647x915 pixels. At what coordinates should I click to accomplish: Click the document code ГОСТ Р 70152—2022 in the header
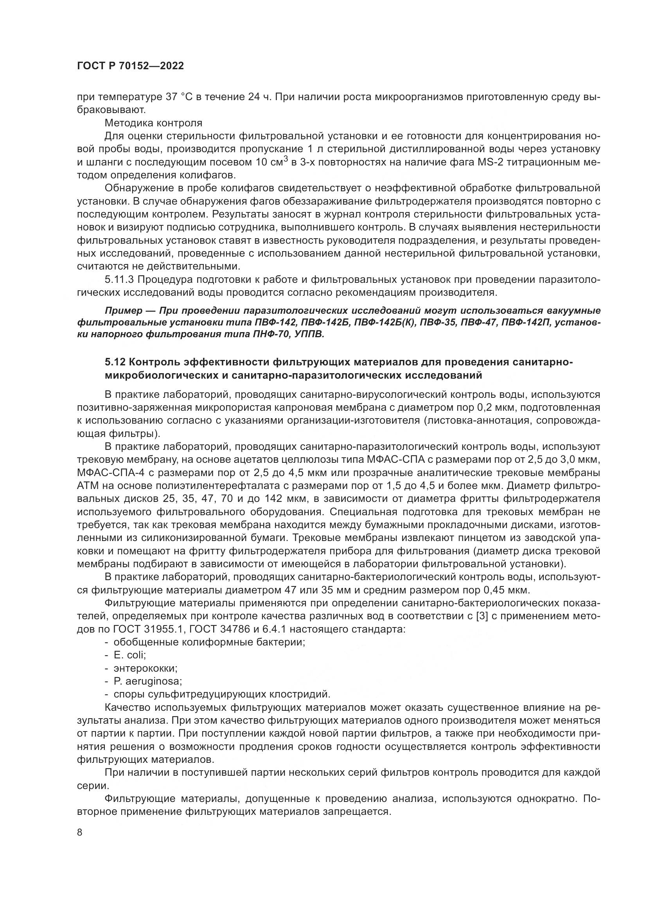click(x=130, y=66)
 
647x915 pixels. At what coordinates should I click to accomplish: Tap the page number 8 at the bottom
click(x=80, y=832)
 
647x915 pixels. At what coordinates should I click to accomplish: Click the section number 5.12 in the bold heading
click(x=115, y=362)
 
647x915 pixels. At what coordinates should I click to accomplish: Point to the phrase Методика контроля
click(x=153, y=123)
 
